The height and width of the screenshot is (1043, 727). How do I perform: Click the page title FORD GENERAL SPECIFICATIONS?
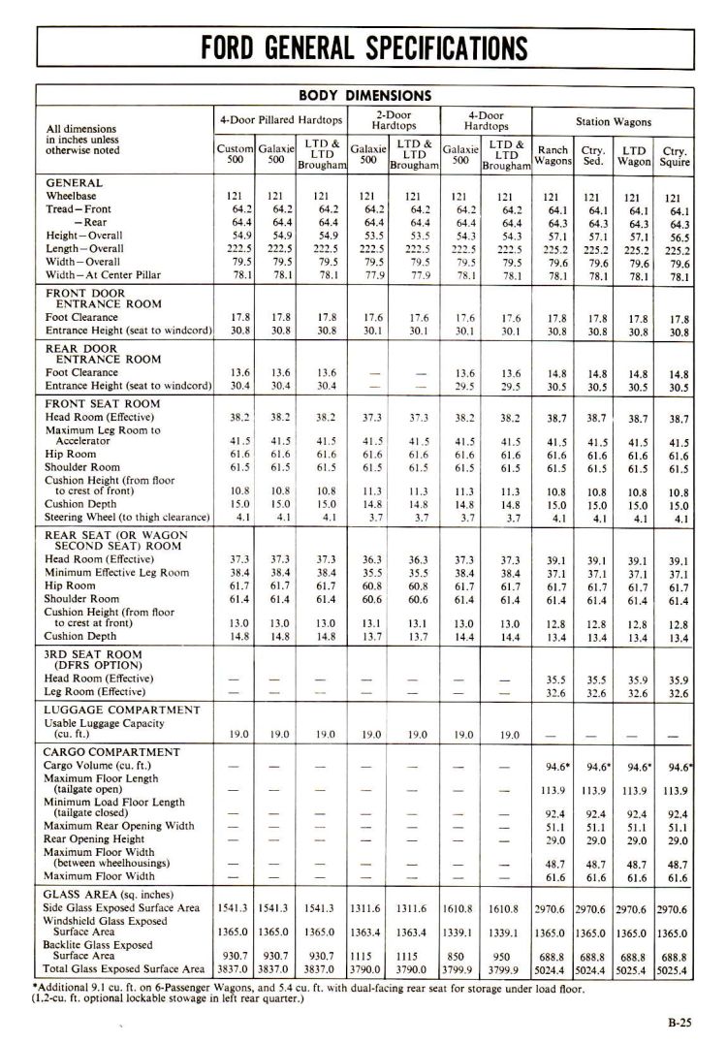tap(363, 47)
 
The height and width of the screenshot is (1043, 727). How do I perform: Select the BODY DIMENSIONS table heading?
tap(364, 96)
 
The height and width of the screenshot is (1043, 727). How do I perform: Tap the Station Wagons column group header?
tap(614, 122)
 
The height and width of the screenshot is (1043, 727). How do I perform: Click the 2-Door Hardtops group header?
tap(393, 121)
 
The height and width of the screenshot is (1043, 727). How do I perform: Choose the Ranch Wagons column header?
tap(553, 155)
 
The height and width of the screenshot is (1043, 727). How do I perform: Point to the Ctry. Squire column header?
tap(675, 156)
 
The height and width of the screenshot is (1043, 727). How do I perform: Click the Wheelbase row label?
tap(71, 196)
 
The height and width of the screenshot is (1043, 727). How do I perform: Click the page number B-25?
tap(681, 1021)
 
